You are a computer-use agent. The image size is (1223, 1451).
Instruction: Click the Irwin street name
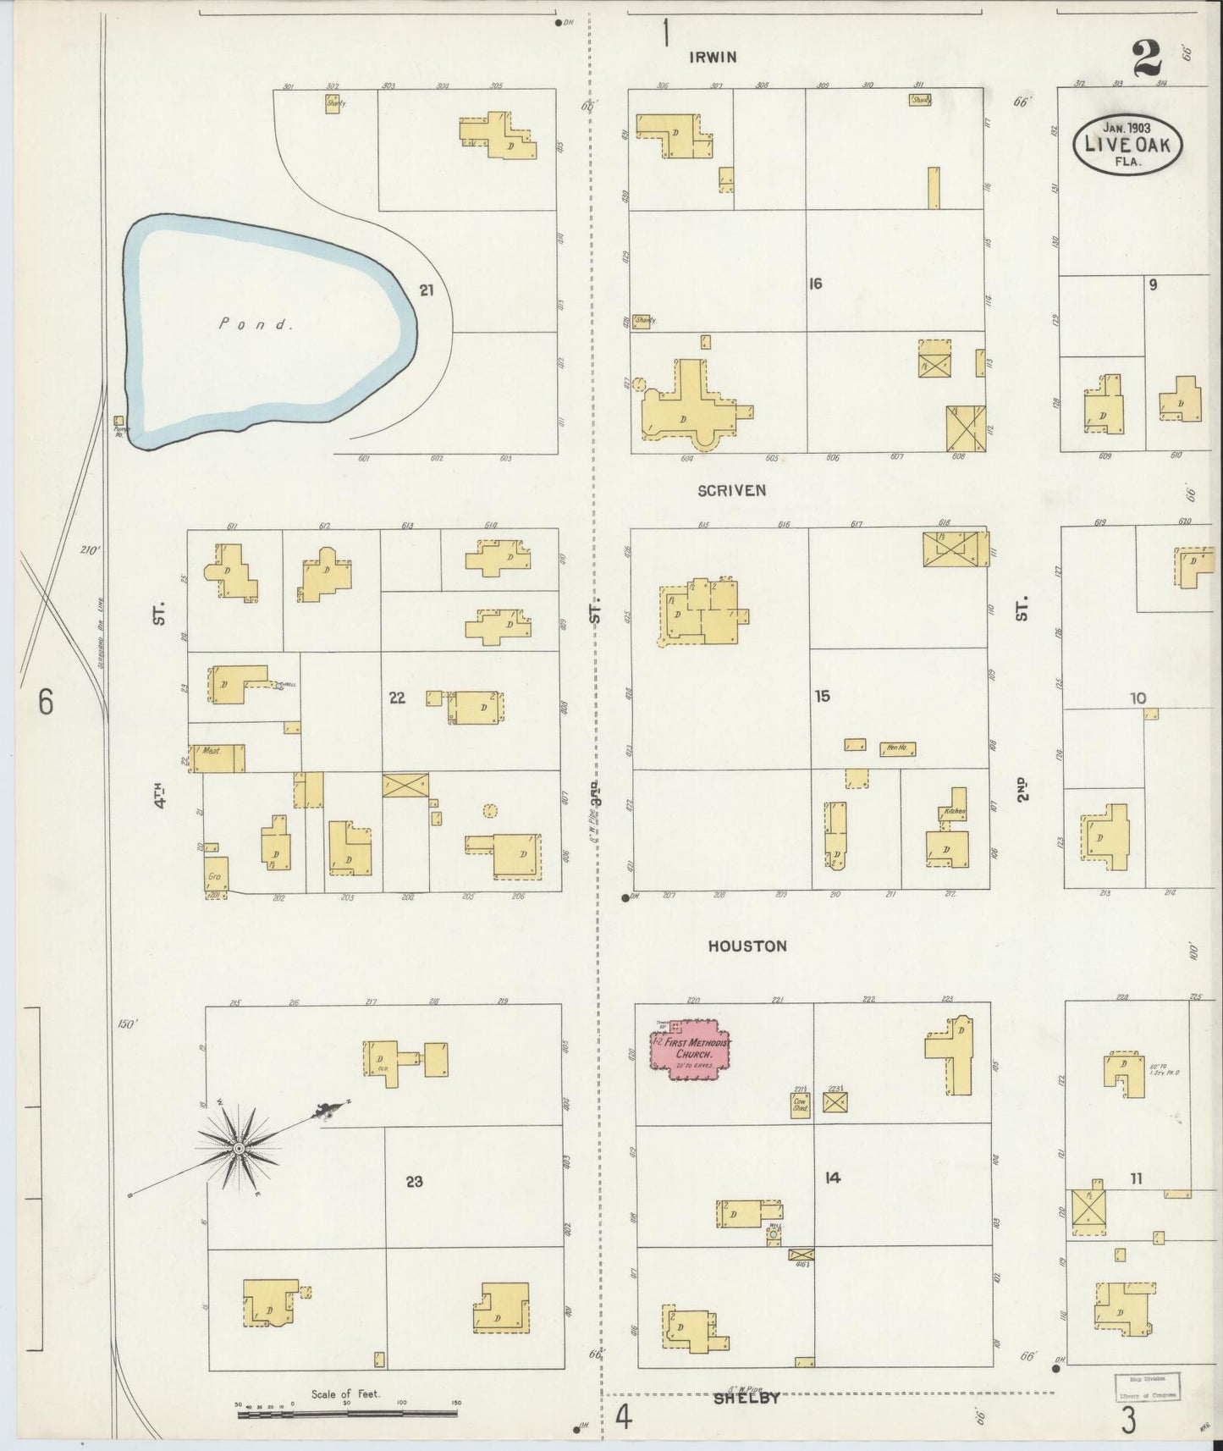click(713, 58)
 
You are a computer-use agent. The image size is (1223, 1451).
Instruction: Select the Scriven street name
click(732, 490)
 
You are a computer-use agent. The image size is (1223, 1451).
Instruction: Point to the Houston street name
click(747, 946)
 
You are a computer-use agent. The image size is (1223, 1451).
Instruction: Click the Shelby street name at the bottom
click(746, 1398)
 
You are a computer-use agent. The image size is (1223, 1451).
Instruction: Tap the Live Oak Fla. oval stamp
click(1127, 144)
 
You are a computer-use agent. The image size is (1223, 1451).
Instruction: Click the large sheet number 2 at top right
click(1148, 59)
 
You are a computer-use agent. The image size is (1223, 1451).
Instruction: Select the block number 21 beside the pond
click(427, 290)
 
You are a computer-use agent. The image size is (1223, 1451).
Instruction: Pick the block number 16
click(815, 284)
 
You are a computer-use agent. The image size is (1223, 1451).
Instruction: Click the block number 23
click(414, 1182)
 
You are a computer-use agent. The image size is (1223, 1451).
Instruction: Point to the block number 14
click(833, 1177)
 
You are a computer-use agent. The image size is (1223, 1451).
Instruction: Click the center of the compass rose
click(239, 1148)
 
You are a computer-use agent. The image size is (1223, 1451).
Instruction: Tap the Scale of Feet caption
click(345, 1393)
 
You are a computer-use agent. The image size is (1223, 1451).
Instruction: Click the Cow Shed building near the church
click(801, 1106)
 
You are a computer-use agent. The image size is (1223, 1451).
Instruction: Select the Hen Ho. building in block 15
click(897, 748)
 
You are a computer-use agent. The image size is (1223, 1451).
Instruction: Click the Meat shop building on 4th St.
click(218, 758)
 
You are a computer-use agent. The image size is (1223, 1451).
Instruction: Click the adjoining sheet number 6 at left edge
click(45, 702)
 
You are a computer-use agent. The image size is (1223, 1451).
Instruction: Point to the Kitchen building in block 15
click(956, 810)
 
